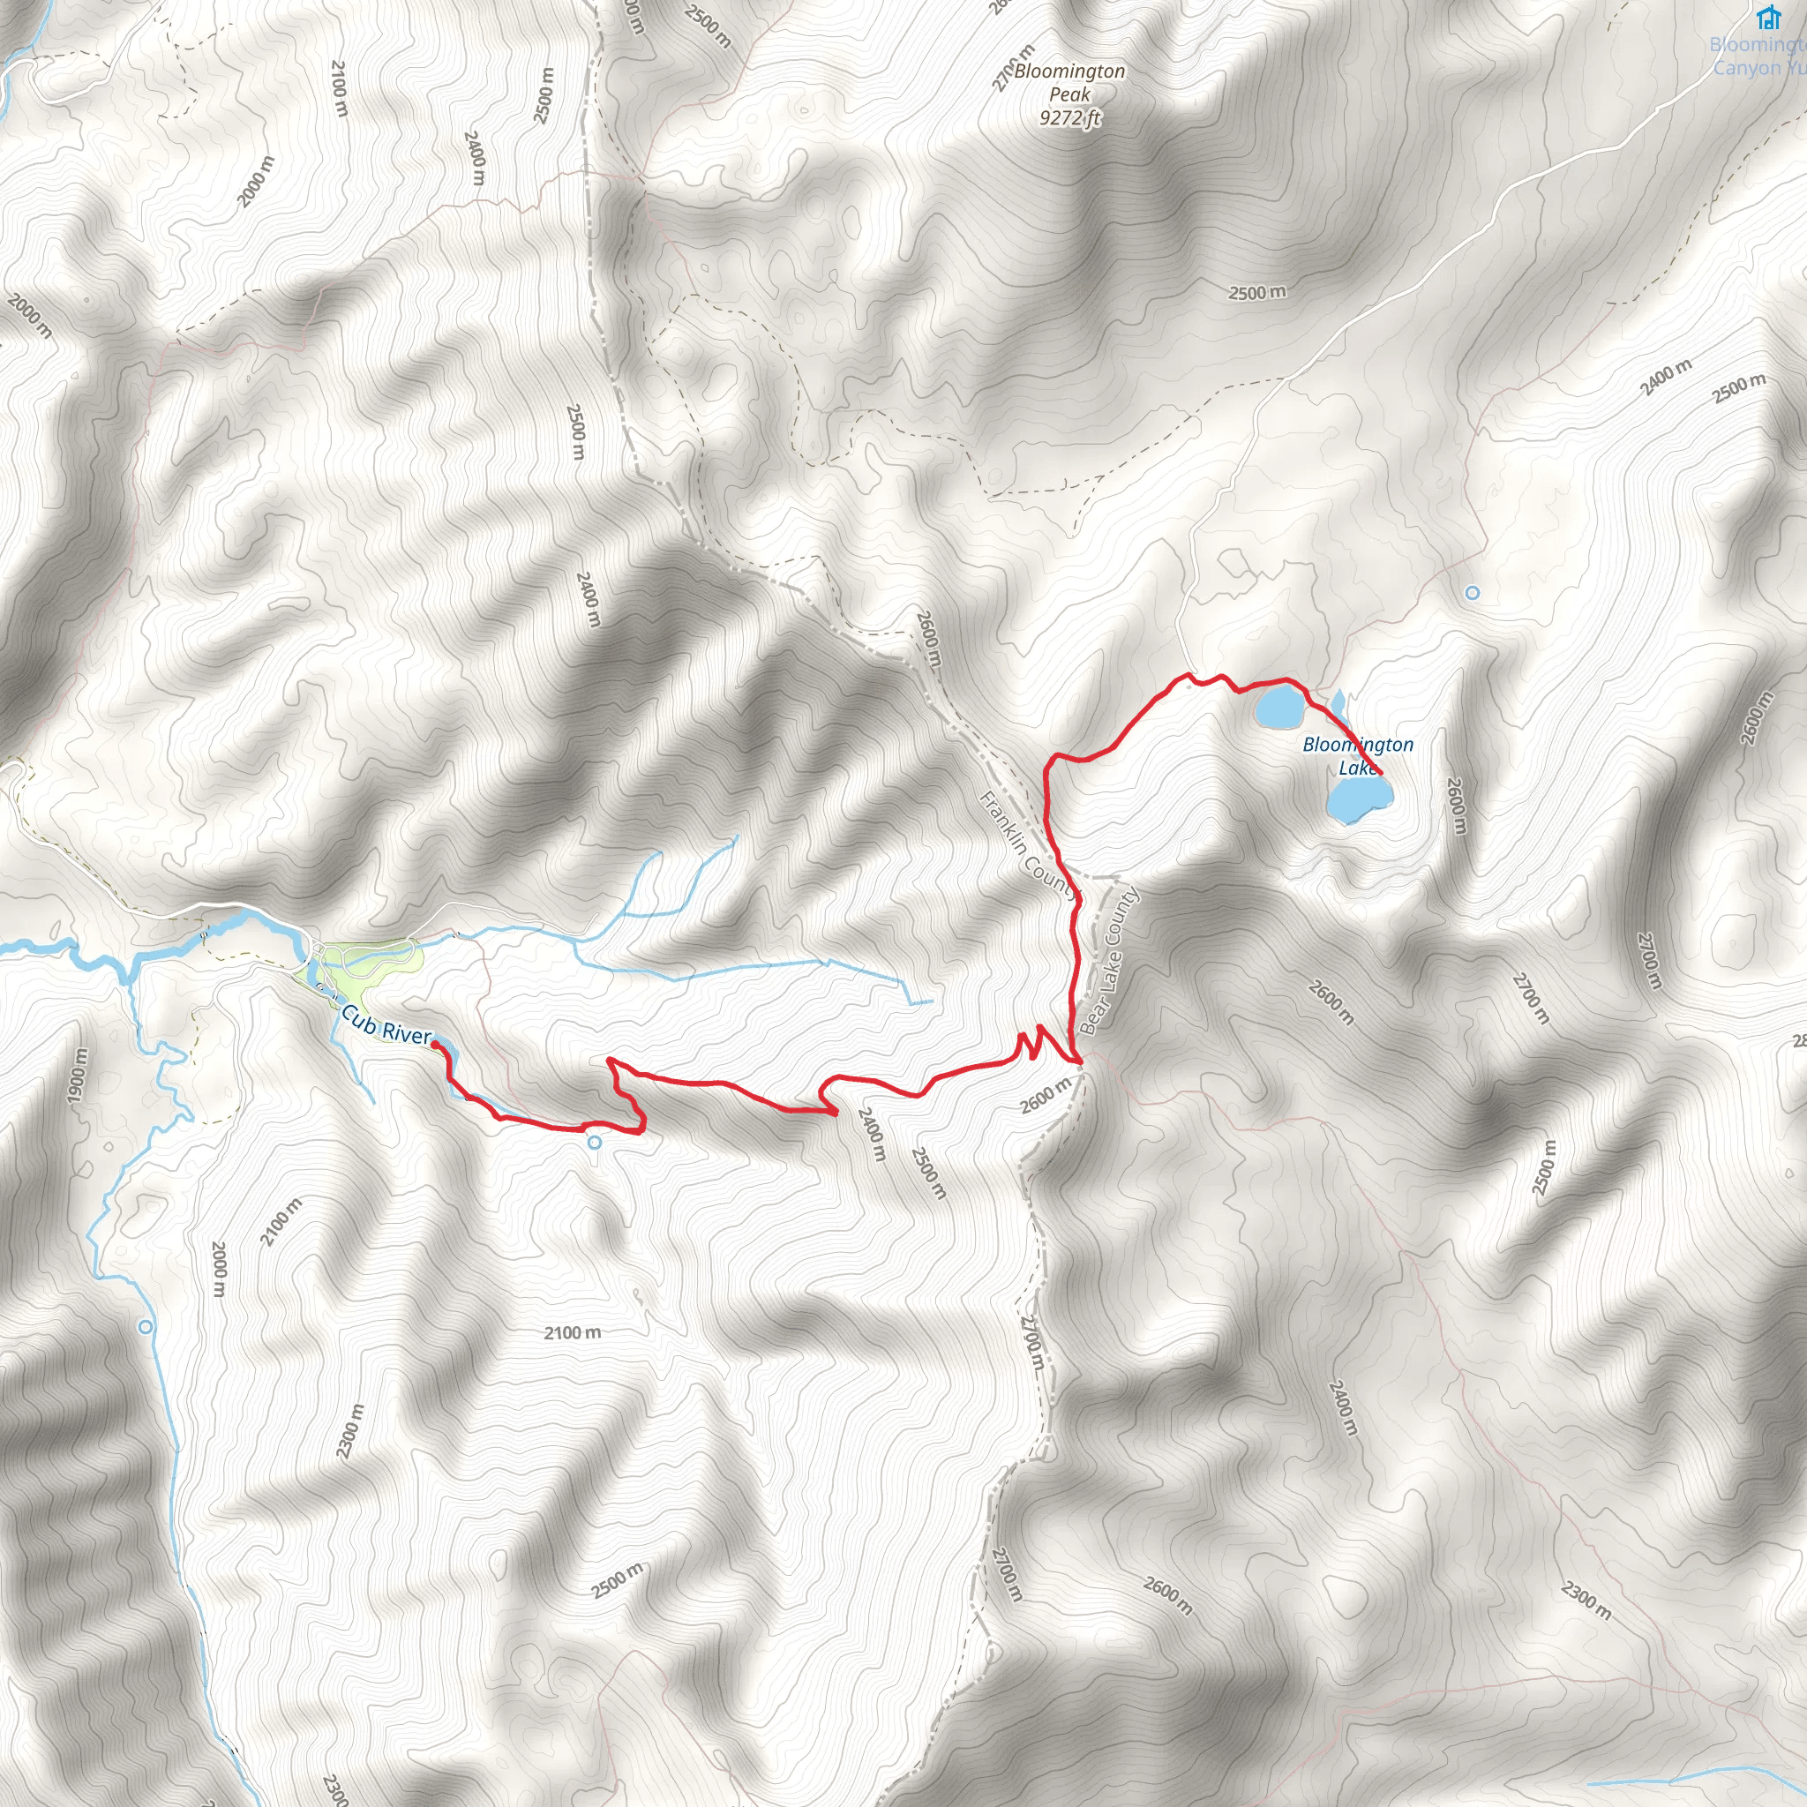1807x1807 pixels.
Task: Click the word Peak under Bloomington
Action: (1069, 94)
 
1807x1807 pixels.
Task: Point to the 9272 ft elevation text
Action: (1070, 118)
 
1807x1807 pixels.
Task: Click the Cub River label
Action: (386, 1024)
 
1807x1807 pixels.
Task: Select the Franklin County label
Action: (1027, 844)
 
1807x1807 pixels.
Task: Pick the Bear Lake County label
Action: (1110, 961)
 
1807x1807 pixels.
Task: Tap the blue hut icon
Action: (1767, 18)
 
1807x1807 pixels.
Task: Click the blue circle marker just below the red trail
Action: (594, 1142)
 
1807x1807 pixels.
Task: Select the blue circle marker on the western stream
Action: (145, 1326)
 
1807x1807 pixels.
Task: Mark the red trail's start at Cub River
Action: (436, 1046)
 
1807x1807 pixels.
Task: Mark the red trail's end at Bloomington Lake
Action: (1382, 774)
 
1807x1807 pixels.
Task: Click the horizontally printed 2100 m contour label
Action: (573, 1331)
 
